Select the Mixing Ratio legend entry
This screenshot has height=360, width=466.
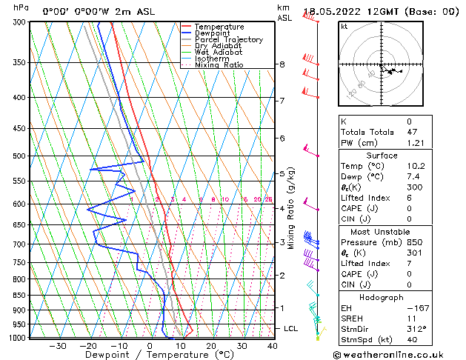pos(220,65)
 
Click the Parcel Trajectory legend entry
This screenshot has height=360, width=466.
pos(228,39)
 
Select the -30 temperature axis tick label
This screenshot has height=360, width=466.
pos(57,345)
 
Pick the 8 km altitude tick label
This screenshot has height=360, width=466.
pos(282,64)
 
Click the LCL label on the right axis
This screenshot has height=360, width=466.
pos(291,328)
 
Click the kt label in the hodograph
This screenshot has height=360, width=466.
pos(344,27)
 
